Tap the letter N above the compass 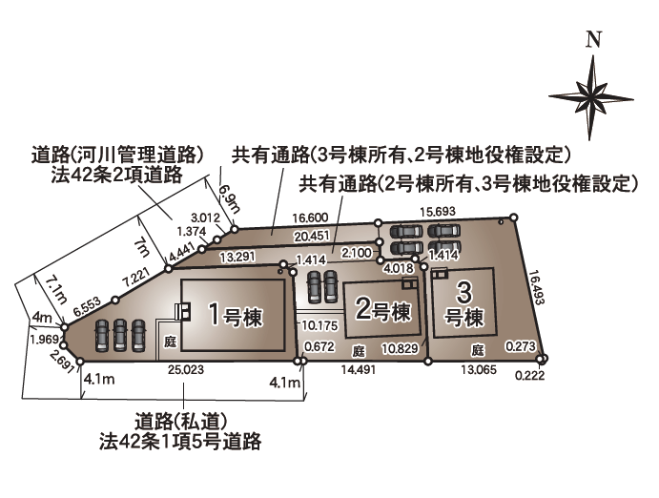coord(593,39)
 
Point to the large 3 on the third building coord(464,291)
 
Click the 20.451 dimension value coord(313,236)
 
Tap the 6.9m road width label coord(226,199)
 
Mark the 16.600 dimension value coord(311,218)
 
